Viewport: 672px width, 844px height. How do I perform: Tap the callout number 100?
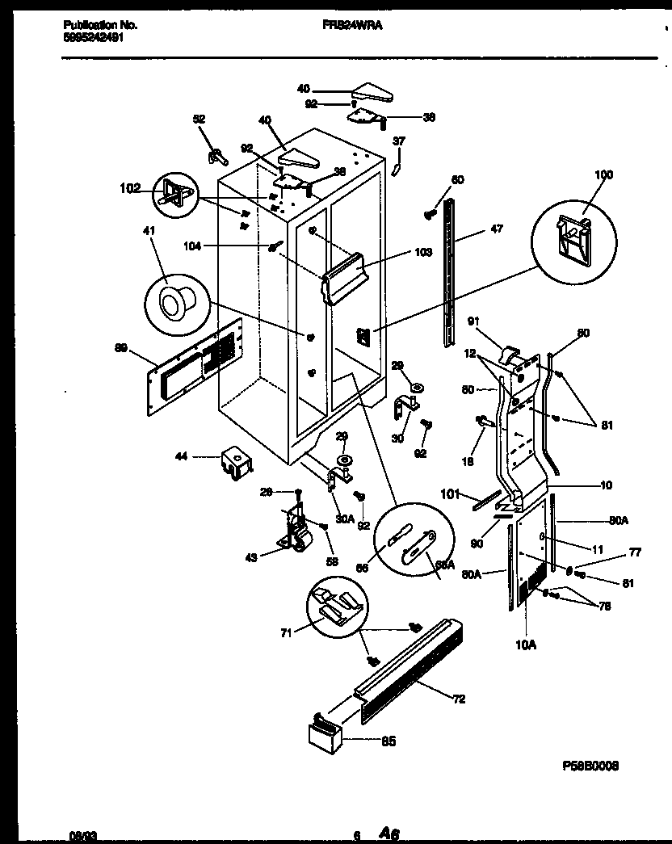tap(603, 175)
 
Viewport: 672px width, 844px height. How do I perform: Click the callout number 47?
tap(496, 229)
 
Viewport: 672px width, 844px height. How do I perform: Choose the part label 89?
tap(121, 349)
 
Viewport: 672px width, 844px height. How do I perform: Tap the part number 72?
tap(459, 699)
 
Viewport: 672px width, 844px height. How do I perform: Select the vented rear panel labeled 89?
tap(194, 368)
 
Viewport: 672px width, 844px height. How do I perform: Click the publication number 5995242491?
tap(93, 37)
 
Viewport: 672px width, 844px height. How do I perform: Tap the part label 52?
tap(199, 118)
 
